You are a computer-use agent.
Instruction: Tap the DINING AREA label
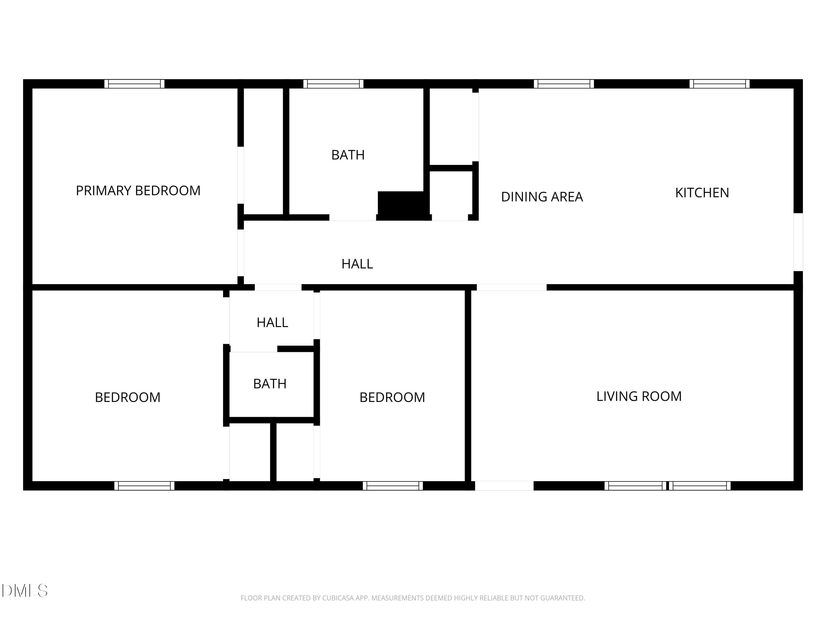(x=542, y=197)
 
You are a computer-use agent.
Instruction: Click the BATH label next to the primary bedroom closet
(x=348, y=155)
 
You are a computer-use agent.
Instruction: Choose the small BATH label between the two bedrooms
(x=270, y=384)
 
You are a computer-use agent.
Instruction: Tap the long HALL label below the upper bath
(x=357, y=264)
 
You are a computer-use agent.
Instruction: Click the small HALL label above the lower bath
(x=272, y=322)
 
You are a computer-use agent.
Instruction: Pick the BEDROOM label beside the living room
(x=392, y=397)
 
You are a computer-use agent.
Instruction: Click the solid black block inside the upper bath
(x=403, y=206)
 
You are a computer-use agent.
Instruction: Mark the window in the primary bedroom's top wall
(x=134, y=84)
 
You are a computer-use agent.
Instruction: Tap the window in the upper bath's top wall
(x=333, y=84)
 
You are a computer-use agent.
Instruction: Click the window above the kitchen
(x=719, y=84)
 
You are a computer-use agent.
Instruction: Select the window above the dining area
(x=564, y=84)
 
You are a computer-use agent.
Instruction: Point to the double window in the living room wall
(x=667, y=486)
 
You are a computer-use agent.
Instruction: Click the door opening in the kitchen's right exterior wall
(x=798, y=242)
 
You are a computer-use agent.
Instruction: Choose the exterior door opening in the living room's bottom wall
(x=504, y=486)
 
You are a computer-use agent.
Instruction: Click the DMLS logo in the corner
(x=25, y=591)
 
